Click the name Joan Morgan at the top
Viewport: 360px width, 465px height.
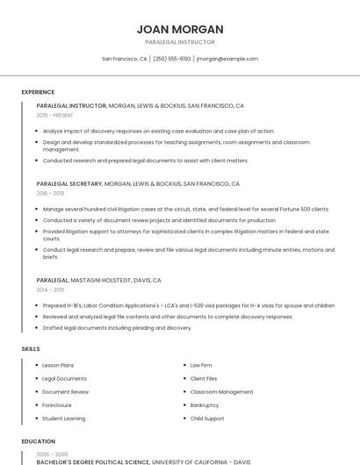click(x=179, y=29)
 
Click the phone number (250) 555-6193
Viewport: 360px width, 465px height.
click(x=171, y=59)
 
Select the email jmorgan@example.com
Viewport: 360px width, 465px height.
click(x=227, y=59)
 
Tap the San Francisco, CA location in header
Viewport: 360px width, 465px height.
click(x=124, y=59)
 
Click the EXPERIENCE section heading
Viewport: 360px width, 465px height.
click(x=38, y=92)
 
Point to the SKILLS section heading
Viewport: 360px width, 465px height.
click(x=31, y=348)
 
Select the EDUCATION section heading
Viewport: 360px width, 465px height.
click(x=38, y=441)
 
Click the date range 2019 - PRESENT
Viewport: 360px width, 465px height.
click(x=54, y=115)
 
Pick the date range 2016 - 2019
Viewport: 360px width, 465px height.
click(x=50, y=193)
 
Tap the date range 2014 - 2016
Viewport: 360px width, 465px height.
click(x=50, y=289)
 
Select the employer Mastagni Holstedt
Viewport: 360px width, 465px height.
click(x=102, y=280)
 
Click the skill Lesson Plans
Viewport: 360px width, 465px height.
click(x=58, y=365)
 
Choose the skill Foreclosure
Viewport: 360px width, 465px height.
click(x=57, y=405)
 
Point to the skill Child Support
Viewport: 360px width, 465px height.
click(x=207, y=418)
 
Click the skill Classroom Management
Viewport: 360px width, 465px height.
click(x=221, y=392)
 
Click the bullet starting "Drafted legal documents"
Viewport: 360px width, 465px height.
click(x=117, y=327)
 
